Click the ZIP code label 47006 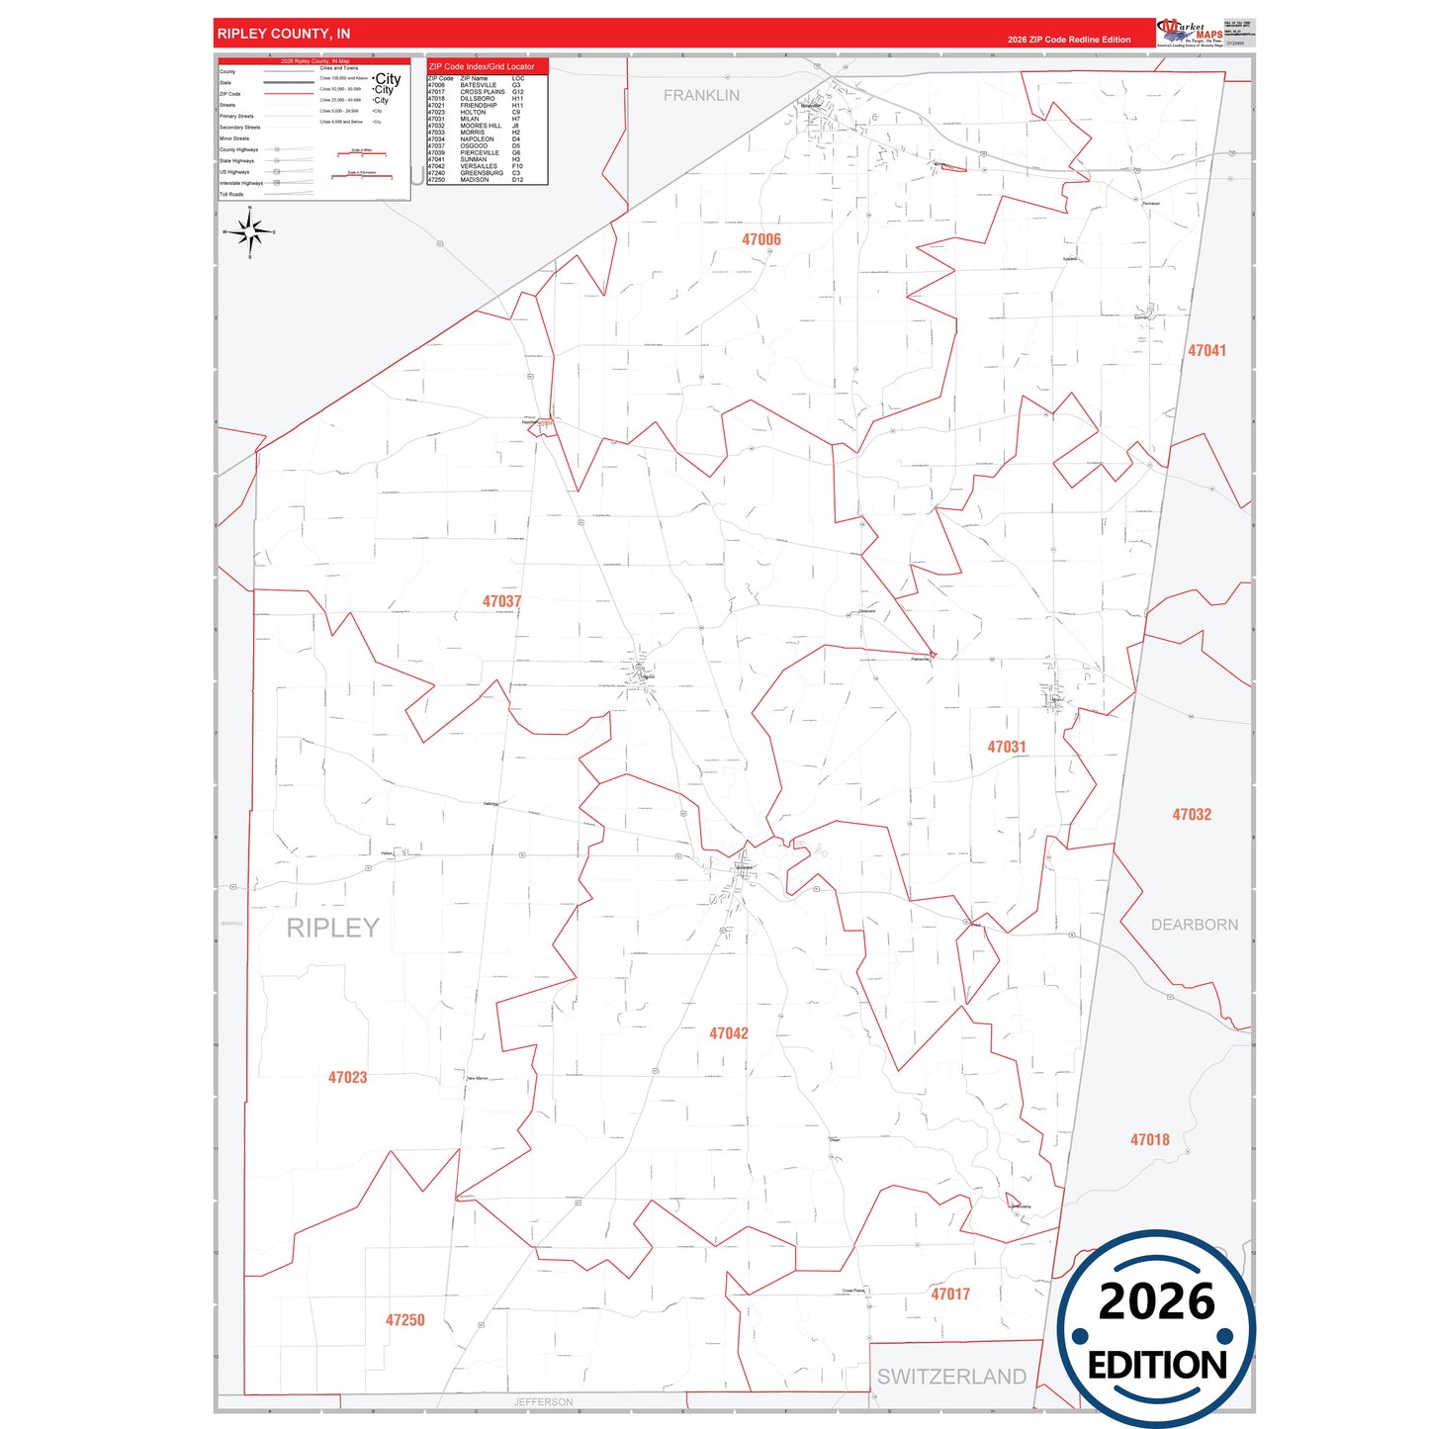click(x=761, y=239)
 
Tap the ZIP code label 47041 click(x=1206, y=351)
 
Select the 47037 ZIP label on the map click(x=501, y=601)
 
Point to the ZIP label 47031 click(x=1007, y=748)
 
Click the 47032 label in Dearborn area click(x=1192, y=815)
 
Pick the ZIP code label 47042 click(x=729, y=1033)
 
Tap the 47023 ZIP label click(x=347, y=1078)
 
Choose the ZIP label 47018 click(x=1150, y=1140)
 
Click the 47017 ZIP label click(x=950, y=1295)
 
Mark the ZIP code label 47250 click(x=405, y=1320)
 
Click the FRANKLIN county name click(x=701, y=96)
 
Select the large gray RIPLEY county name click(x=333, y=928)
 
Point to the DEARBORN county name click(x=1195, y=925)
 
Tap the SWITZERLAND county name click(x=951, y=1377)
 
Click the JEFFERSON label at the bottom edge click(x=543, y=1402)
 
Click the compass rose click(x=250, y=233)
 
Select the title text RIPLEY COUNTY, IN click(x=284, y=34)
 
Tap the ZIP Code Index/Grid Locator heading click(x=482, y=66)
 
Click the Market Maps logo click(x=1190, y=33)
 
